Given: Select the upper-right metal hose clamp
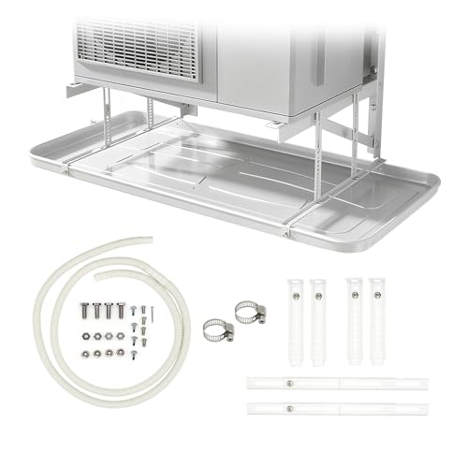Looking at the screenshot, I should point(249,311).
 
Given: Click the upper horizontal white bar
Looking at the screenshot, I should point(337,384).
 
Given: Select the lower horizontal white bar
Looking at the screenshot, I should point(337,407).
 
